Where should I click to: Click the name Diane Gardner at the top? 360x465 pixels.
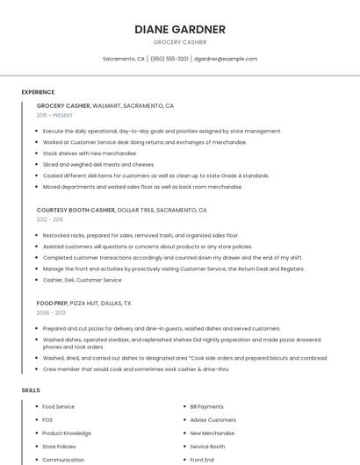pos(180,29)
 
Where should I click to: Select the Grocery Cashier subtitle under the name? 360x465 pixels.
pos(180,42)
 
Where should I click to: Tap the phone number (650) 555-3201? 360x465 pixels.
pos(169,59)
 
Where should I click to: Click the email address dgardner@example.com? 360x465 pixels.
pos(226,59)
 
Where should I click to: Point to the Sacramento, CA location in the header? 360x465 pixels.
pos(123,59)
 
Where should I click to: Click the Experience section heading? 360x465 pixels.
pos(38,92)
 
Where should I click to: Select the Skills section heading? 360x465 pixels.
pos(31,390)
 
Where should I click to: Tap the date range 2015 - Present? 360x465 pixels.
pos(54,115)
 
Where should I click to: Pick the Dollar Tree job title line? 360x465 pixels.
pos(121,211)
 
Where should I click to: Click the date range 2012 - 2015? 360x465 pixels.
pos(50,219)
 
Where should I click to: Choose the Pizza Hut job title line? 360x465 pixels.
pos(83,303)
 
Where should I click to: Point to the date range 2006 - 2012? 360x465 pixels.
pos(51,312)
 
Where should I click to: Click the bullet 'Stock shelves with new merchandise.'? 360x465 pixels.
pos(90,153)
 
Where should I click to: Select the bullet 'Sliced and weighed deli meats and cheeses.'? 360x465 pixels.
pos(98,164)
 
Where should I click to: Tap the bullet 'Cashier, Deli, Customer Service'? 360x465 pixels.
pos(82,280)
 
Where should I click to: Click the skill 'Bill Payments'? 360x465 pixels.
pos(206,407)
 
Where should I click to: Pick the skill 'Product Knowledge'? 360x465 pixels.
pos(66,433)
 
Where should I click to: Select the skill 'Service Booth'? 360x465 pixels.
pos(207,447)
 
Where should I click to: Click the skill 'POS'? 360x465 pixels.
pos(47,420)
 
